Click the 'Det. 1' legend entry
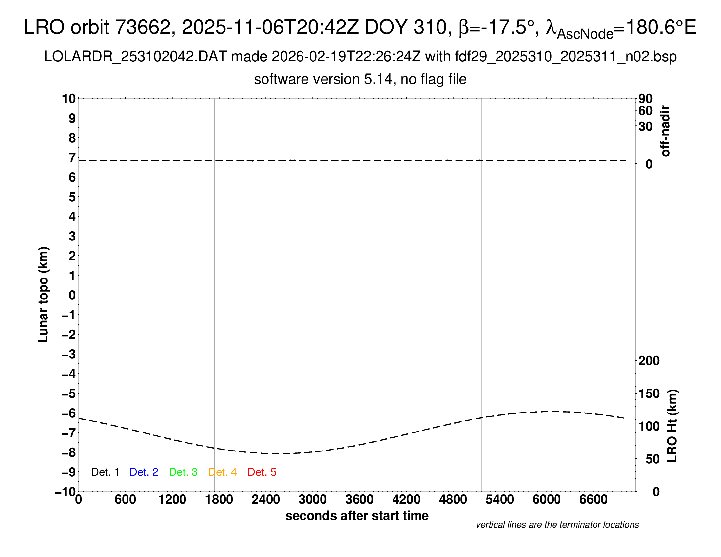coord(105,472)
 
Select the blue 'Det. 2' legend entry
coord(144,472)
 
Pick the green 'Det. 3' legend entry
coord(183,472)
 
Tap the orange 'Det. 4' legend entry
coord(223,472)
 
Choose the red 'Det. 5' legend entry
coord(262,472)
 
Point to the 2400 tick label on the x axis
coord(266,500)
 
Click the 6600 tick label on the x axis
coord(593,500)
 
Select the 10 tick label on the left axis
coord(69,98)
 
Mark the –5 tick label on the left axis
coord(68,394)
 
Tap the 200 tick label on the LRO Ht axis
coord(649,361)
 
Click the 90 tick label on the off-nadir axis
coord(645,99)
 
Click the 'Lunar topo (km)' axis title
coord(43,295)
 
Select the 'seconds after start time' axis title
coord(357,516)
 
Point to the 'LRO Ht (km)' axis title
coord(672,426)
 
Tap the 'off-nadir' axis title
coord(665,131)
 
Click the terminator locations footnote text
coord(557,525)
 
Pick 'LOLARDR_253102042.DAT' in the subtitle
coord(135,57)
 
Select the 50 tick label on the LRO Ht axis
coord(652,459)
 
